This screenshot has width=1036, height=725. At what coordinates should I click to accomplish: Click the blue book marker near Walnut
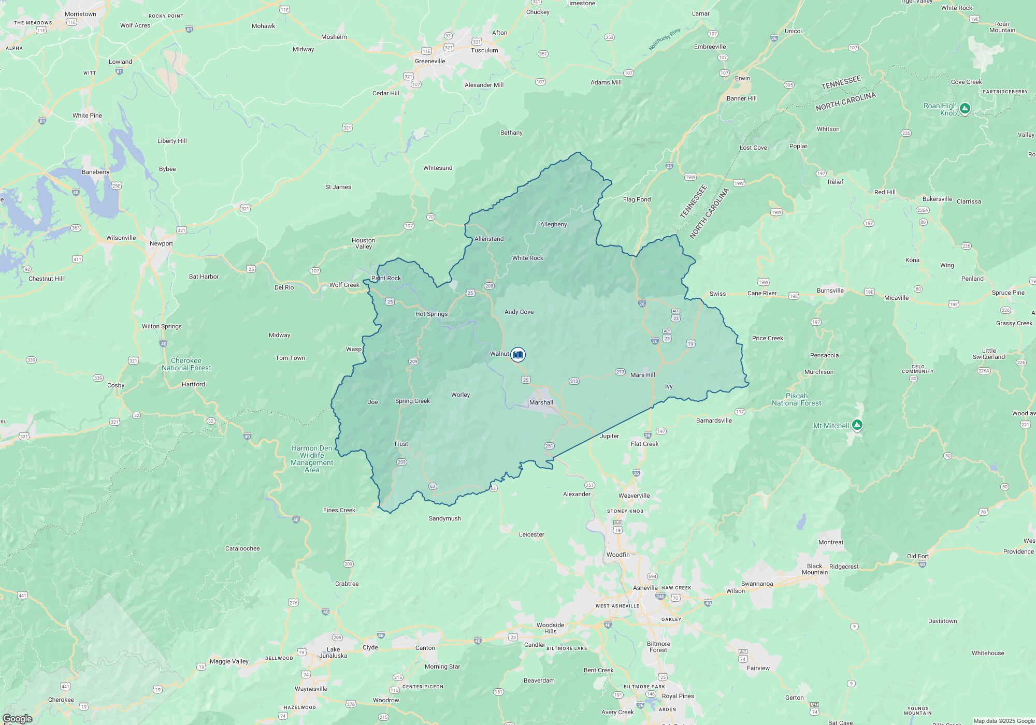tap(517, 354)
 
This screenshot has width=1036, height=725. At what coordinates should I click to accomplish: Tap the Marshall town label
tap(541, 402)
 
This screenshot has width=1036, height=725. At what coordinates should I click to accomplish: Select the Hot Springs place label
tap(431, 314)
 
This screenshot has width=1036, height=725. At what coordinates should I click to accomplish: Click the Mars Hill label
tap(642, 375)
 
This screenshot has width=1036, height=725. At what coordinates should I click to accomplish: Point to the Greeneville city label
tap(430, 61)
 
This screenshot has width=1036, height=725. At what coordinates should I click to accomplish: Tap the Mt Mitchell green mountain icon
tap(857, 425)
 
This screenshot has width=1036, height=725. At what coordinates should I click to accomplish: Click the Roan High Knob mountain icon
tap(965, 108)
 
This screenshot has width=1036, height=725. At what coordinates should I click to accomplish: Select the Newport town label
tap(161, 243)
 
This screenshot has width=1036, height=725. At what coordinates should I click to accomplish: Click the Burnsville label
tap(830, 291)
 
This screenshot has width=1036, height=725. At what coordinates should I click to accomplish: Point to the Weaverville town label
tap(634, 496)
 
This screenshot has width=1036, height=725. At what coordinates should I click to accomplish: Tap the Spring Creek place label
tap(412, 401)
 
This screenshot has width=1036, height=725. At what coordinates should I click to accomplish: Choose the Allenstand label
tap(489, 239)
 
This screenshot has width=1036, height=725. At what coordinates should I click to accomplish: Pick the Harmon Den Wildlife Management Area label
tap(312, 459)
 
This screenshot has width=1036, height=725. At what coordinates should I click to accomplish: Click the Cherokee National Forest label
tap(186, 364)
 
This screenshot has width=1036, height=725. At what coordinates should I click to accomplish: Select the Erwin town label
tap(742, 78)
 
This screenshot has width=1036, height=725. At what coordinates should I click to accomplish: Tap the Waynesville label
tap(311, 689)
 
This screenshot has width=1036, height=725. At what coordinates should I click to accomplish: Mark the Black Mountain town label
tap(814, 569)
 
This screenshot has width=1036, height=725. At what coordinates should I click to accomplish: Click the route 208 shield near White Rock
tap(489, 286)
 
